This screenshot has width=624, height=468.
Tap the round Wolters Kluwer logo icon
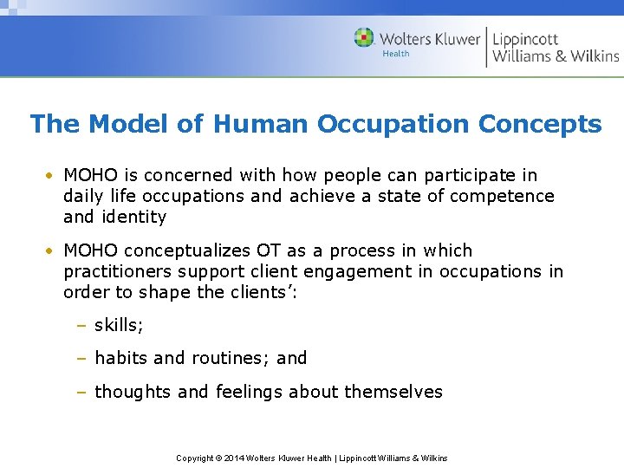(364, 38)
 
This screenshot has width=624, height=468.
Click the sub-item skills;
(120, 325)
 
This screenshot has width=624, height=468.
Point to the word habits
(121, 358)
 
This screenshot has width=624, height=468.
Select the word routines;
(231, 358)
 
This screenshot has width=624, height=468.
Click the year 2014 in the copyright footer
(235, 458)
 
